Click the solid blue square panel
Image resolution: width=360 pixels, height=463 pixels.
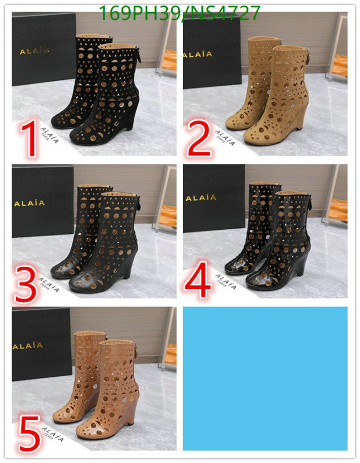click(x=265, y=378)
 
